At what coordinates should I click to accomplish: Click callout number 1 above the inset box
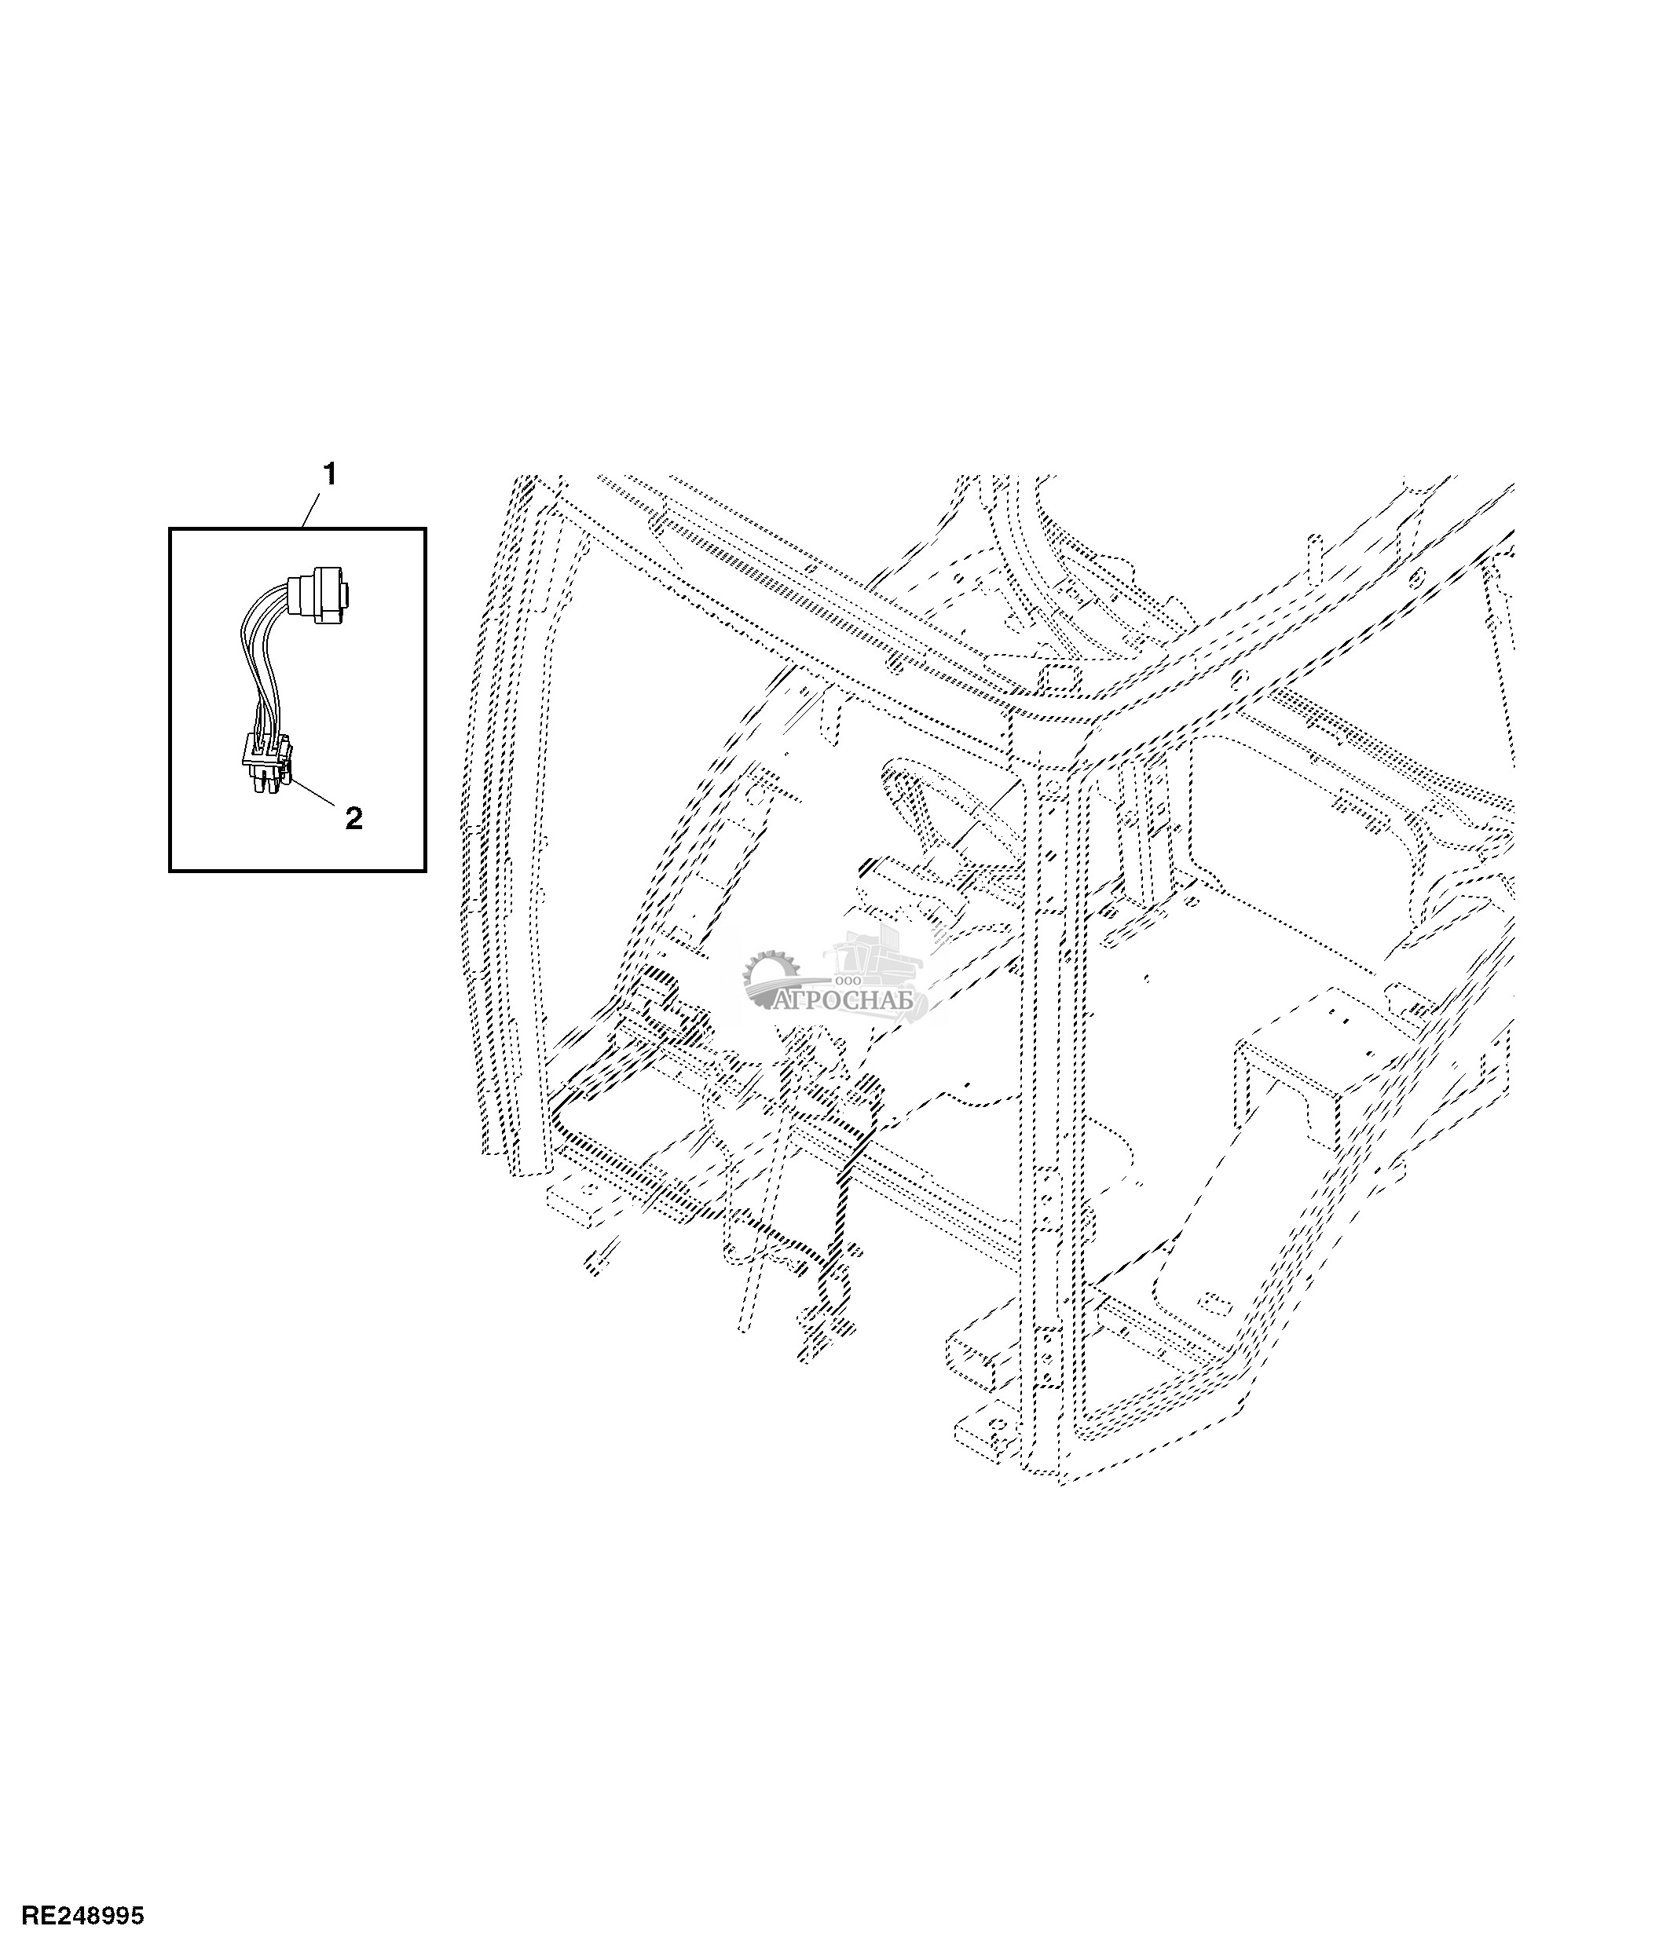329,475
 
